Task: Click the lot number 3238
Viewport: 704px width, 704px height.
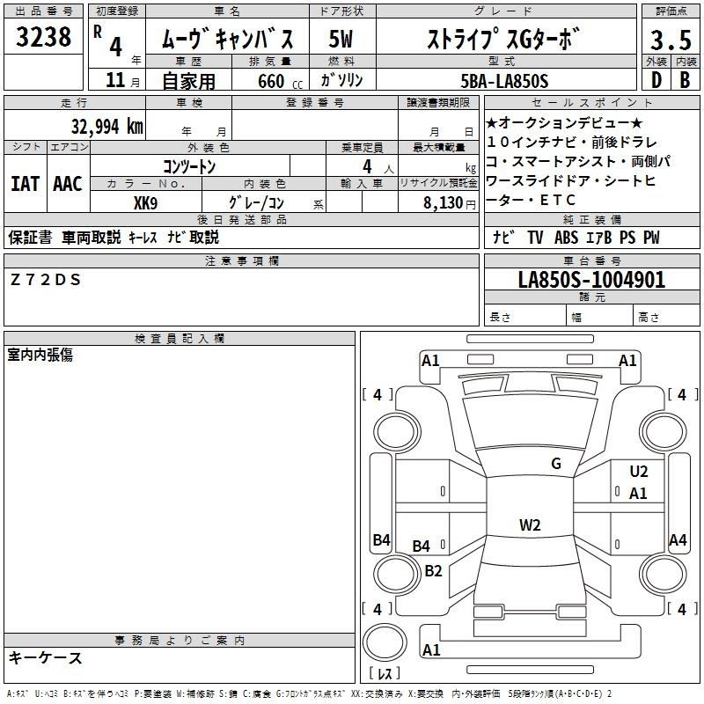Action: coord(43,36)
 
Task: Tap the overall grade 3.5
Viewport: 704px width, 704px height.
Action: coord(671,40)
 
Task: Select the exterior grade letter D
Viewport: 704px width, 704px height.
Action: coord(656,80)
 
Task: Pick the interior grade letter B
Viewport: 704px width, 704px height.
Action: coord(686,80)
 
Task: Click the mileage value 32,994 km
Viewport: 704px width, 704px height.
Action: coord(106,127)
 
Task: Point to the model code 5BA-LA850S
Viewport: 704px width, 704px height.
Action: coord(504,81)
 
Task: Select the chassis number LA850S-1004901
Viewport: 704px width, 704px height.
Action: coord(591,280)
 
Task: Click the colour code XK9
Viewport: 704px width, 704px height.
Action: coord(145,203)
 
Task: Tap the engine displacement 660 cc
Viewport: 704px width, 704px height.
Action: coord(280,81)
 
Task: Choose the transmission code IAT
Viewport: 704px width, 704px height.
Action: coord(25,184)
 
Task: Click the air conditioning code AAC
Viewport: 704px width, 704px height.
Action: coord(68,184)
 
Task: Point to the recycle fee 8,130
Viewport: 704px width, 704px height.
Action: coord(443,203)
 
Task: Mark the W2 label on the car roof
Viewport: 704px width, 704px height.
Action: coord(530,524)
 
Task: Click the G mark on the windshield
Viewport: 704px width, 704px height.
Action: coord(556,463)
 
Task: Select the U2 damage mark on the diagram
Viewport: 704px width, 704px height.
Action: coord(639,472)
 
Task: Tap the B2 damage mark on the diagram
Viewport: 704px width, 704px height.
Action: coord(433,570)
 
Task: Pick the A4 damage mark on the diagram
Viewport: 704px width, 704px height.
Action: coord(678,539)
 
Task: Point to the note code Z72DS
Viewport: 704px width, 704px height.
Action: coord(46,280)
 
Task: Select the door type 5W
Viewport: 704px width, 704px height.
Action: coord(341,39)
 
